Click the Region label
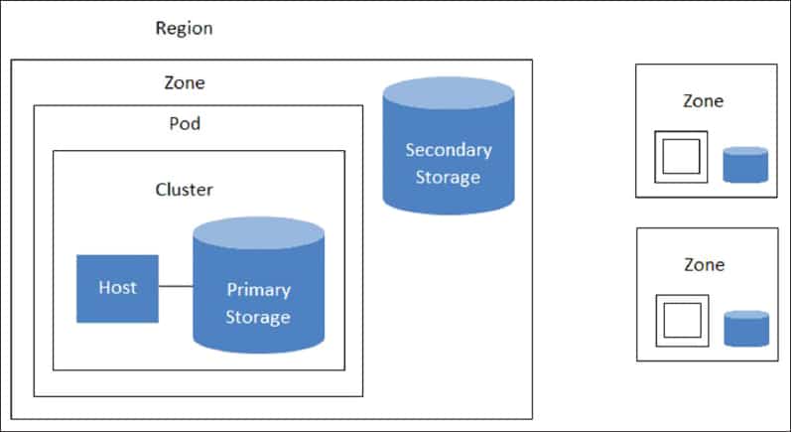(x=184, y=28)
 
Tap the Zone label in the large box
(x=185, y=83)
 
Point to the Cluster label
(x=185, y=189)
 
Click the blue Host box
(x=117, y=288)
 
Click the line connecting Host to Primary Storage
(x=175, y=287)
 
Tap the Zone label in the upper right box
(x=704, y=100)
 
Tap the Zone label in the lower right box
(x=704, y=265)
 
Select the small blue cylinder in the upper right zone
(x=745, y=165)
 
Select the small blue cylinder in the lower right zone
(x=746, y=328)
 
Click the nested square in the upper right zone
(x=681, y=157)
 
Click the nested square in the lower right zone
(x=681, y=320)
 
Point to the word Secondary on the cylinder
(x=449, y=150)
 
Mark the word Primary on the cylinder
(x=258, y=290)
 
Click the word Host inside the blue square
(x=117, y=288)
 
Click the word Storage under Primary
(x=258, y=318)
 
